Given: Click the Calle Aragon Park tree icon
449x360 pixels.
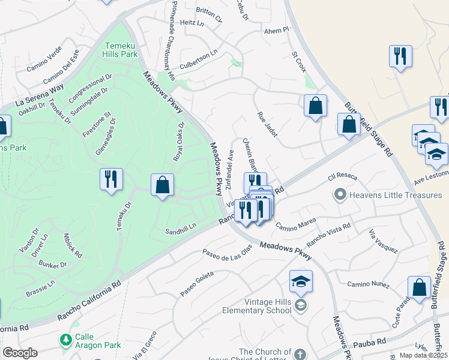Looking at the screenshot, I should (x=66, y=340).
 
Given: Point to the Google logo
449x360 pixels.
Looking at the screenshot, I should (x=20, y=353).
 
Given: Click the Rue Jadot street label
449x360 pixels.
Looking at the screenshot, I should (x=267, y=124).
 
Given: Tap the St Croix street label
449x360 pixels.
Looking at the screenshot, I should (x=299, y=62).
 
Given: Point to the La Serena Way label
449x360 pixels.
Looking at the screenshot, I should (x=40, y=94).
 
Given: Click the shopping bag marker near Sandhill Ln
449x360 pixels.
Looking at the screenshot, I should (x=162, y=185).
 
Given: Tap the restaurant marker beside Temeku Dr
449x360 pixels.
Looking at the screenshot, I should (x=111, y=180).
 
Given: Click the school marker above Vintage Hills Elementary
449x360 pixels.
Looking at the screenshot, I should (x=301, y=281).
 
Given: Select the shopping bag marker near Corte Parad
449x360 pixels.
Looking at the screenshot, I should (x=419, y=288).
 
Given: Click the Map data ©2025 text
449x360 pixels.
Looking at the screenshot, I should (x=423, y=355).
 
